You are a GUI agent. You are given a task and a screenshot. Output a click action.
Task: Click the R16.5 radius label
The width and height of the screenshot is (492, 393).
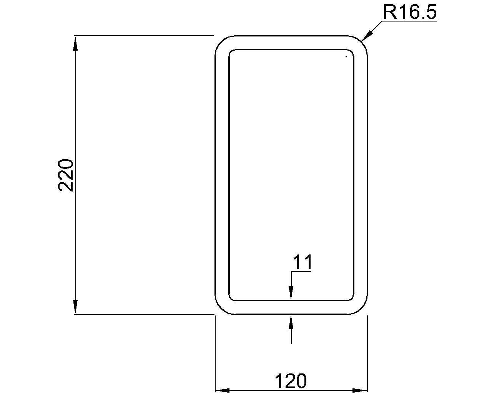click(409, 12)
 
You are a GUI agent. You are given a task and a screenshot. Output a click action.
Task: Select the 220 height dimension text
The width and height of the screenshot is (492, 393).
click(66, 175)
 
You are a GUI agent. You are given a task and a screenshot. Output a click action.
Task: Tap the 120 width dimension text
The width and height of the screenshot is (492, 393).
click(291, 381)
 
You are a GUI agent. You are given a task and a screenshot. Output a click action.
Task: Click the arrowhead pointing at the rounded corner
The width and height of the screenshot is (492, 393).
click(366, 36)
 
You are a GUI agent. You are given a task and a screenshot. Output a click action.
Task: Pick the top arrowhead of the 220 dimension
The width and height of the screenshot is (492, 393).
click(76, 43)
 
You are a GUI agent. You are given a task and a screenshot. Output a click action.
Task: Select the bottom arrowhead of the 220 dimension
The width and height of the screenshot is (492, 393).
click(76, 307)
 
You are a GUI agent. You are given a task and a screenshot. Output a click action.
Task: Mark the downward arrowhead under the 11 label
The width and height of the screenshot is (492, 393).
click(291, 294)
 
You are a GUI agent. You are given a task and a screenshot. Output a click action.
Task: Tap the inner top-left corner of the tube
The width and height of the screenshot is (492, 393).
click(231, 51)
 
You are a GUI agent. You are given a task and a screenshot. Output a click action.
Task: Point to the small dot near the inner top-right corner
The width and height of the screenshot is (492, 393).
click(346, 57)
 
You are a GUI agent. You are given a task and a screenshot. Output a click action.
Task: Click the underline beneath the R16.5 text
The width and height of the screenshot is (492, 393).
click(409, 21)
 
